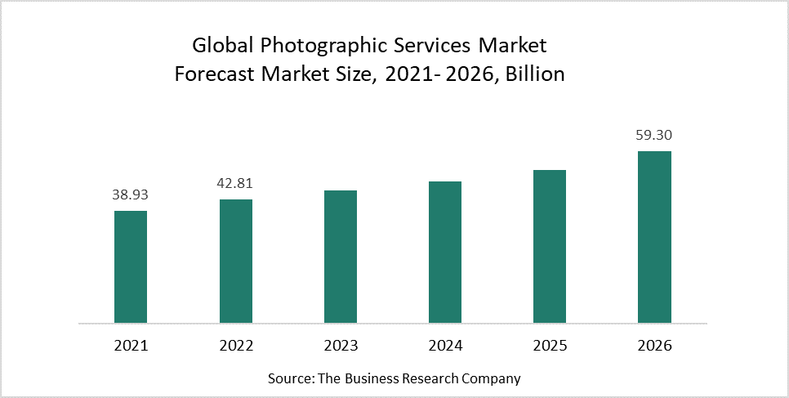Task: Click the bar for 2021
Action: (131, 266)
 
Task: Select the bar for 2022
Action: (236, 261)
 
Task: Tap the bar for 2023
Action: (341, 257)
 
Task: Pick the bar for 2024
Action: (445, 252)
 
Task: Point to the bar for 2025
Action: (550, 246)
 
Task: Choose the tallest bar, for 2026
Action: (654, 237)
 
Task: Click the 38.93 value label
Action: (131, 195)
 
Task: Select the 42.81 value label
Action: (236, 184)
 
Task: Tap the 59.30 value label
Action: (654, 136)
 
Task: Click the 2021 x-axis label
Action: (131, 346)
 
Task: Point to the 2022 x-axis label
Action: (236, 346)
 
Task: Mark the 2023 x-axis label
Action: (341, 346)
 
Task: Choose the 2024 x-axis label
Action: (445, 346)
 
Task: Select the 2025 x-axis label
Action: (550, 346)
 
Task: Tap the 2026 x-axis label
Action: (654, 346)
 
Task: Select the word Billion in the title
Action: (535, 74)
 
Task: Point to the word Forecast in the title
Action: (214, 74)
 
